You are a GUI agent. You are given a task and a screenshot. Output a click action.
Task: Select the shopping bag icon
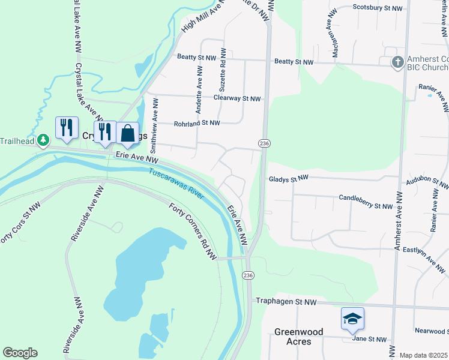128,133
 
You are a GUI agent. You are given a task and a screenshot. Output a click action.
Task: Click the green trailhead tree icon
43,140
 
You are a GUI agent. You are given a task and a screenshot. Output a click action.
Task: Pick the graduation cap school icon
352,318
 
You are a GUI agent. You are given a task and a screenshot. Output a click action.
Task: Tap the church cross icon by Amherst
397,62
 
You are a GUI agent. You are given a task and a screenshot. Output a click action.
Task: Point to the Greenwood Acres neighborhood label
298,336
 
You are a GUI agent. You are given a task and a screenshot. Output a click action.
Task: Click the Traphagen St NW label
286,301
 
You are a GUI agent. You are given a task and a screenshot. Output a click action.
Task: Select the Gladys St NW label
288,178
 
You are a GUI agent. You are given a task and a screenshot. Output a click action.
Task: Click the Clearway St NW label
238,98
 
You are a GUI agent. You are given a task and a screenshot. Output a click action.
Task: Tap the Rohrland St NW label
197,122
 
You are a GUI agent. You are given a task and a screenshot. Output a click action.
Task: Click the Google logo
20,353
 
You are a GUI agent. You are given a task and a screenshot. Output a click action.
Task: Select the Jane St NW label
369,339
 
